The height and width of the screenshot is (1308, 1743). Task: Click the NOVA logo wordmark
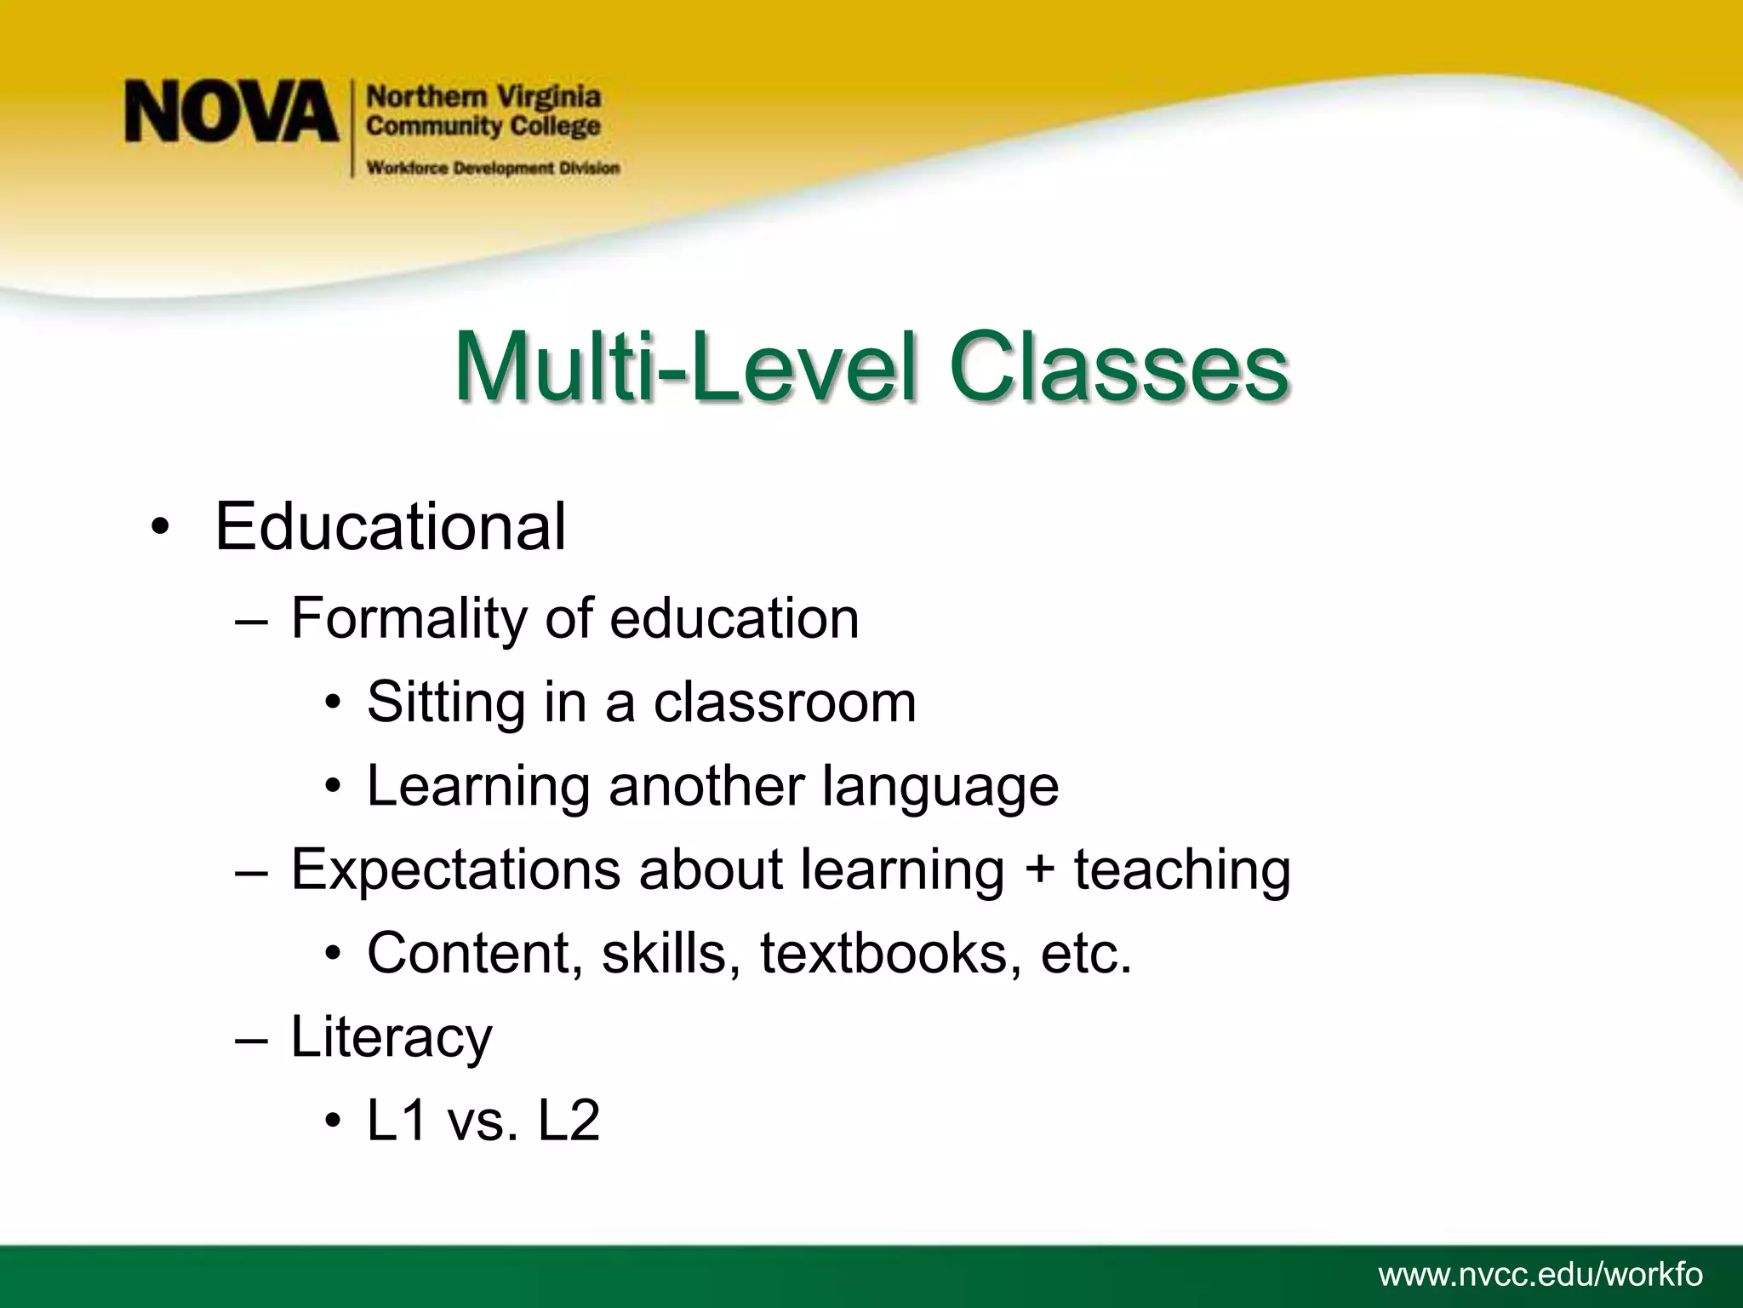(231, 112)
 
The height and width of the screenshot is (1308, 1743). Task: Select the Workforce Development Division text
(493, 168)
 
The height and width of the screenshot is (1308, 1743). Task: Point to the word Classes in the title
(1118, 370)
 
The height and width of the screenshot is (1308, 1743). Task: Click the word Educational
(390, 527)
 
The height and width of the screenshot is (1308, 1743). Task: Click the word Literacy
(391, 1038)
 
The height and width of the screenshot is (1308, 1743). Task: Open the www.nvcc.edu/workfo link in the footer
(1540, 1276)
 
